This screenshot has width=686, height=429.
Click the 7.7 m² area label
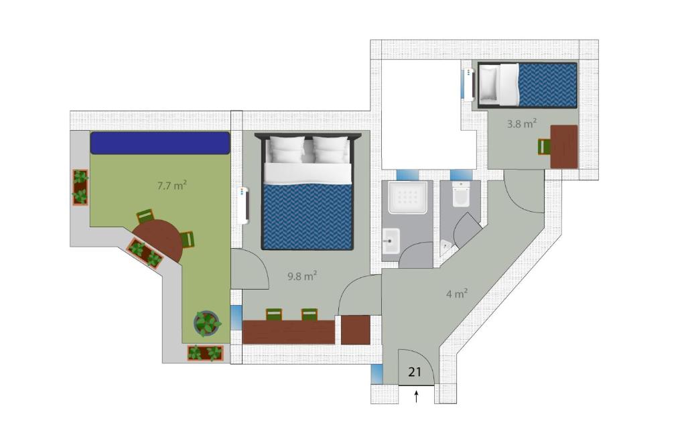tap(172, 185)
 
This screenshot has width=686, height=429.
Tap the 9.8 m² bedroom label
tap(302, 275)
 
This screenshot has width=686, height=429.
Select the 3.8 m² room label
tap(522, 123)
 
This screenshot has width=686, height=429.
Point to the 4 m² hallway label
tap(457, 293)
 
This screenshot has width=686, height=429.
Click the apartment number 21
tap(414, 372)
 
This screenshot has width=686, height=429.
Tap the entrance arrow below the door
tap(416, 396)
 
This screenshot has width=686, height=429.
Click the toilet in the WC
tap(461, 194)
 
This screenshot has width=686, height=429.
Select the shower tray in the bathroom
tap(408, 198)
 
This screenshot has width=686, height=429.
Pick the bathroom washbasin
tap(391, 241)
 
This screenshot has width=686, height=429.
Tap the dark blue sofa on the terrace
tap(160, 143)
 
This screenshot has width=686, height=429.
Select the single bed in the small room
tap(527, 85)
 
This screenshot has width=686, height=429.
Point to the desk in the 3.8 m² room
tap(564, 147)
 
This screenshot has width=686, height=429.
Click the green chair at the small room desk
tap(544, 147)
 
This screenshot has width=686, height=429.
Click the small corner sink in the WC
tap(445, 246)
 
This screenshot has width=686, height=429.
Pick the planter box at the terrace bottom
tap(206, 353)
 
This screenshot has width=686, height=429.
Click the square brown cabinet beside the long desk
tap(356, 330)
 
